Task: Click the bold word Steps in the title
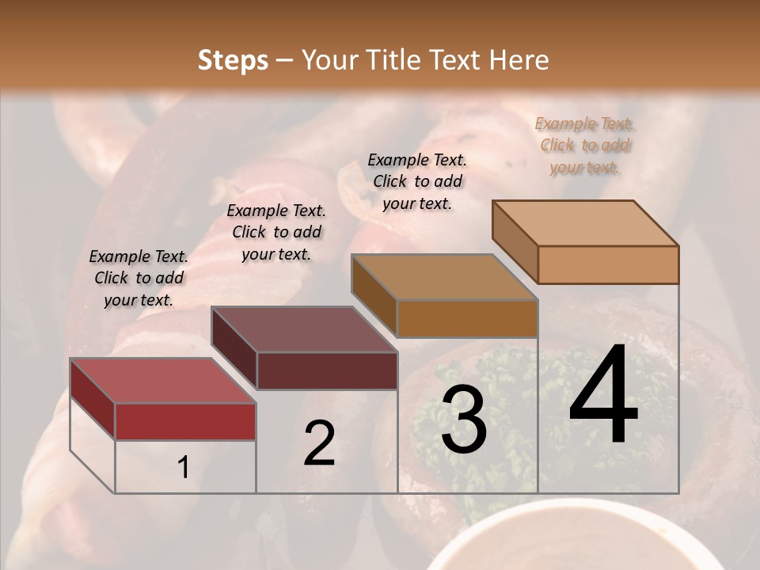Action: tap(233, 60)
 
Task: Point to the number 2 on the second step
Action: tap(319, 443)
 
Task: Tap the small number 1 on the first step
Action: tap(184, 468)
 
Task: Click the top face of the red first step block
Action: tap(162, 381)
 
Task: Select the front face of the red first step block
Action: tap(185, 421)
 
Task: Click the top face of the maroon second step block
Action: tap(304, 329)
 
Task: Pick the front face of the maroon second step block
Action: tap(327, 370)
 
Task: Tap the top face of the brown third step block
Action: tap(444, 277)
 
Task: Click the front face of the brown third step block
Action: tap(467, 318)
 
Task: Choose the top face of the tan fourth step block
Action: tap(585, 223)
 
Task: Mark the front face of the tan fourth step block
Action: tap(608, 264)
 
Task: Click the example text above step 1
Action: tap(139, 278)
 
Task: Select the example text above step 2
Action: tap(276, 232)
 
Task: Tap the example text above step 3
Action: tap(417, 181)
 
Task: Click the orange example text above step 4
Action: tap(585, 145)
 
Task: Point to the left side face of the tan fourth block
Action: tap(515, 241)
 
